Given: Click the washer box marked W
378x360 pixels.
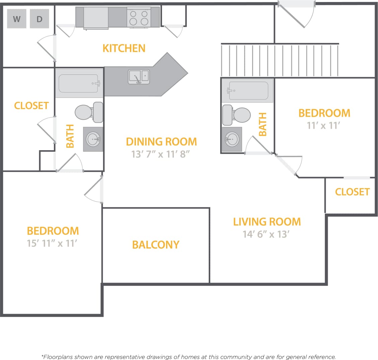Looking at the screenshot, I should coord(17,19).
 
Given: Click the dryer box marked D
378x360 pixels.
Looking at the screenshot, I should coord(40,19).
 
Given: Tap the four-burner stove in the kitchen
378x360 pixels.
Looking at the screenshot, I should coord(139,18).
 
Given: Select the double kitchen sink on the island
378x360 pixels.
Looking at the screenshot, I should coord(139,76).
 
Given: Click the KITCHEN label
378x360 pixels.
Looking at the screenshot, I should coord(124,48).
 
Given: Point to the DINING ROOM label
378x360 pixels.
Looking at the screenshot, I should coord(161,141).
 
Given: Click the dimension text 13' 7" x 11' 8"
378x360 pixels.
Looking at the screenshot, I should coord(161,154).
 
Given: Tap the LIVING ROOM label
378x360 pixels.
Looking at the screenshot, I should coord(267,222).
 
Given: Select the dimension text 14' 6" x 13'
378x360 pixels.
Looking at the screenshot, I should coord(266,234).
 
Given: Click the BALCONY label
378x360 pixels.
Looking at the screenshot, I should coord(156,244).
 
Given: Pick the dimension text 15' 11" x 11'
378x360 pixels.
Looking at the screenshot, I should coord(52,243).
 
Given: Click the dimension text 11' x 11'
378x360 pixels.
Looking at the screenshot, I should coord(323,125).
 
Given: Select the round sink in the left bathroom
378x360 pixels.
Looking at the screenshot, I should coord(93,139).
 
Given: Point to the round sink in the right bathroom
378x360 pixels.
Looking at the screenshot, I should coord(231,138).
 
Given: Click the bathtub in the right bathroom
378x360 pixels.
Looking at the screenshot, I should coord(248,91).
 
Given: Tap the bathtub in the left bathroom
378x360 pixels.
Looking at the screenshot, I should coord(79,83).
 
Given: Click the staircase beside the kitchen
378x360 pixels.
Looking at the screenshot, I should coord(280,60).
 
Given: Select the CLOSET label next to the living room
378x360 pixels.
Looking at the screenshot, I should coord(352,192).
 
